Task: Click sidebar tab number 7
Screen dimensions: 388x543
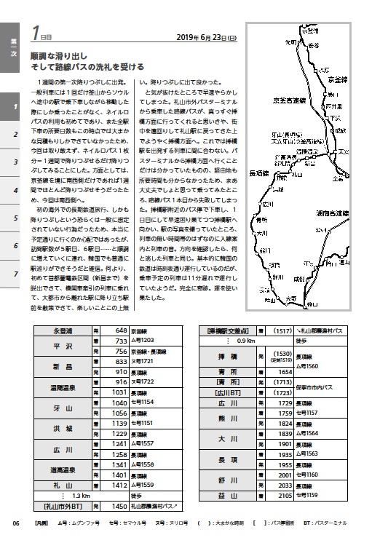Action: click(x=15, y=274)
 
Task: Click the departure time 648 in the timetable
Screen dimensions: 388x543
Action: click(x=120, y=331)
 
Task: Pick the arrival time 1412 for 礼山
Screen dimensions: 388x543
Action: click(x=120, y=484)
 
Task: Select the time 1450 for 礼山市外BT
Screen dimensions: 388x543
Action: click(x=120, y=505)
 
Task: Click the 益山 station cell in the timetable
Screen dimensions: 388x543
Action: click(x=228, y=495)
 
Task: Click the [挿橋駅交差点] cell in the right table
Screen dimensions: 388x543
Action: click(x=228, y=330)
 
